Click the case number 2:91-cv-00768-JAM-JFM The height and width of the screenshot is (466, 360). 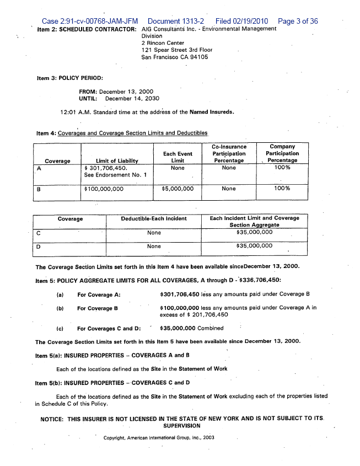click(90, 22)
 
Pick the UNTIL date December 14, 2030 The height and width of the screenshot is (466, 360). click(132, 99)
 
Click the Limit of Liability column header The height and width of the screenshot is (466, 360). click(116, 160)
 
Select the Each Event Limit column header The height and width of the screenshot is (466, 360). click(178, 157)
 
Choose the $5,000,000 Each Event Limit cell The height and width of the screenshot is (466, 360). click(178, 189)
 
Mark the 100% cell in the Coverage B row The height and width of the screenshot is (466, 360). click(282, 189)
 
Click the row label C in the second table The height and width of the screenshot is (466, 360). click(38, 233)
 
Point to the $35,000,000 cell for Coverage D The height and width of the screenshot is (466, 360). click(254, 246)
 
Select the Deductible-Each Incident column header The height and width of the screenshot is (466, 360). click(154, 218)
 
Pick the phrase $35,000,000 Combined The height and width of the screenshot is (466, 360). click(191, 328)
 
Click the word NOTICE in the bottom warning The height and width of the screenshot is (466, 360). click(52, 419)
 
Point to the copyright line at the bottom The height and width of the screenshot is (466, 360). click(159, 437)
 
